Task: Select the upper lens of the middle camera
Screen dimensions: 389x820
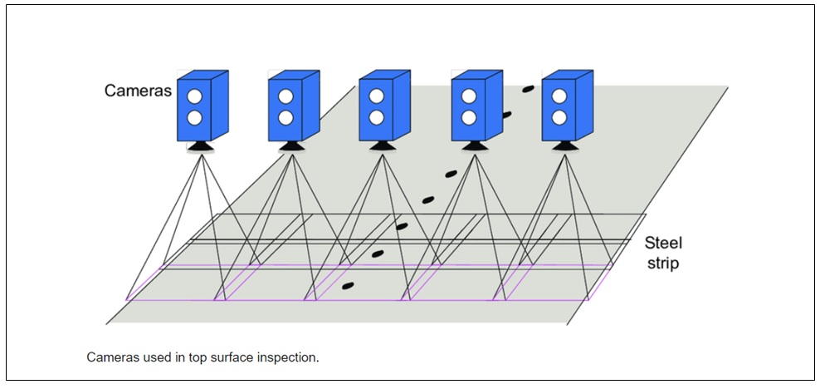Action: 377,96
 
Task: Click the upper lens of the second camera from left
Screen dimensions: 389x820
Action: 286,96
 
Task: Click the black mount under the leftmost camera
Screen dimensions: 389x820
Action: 200,147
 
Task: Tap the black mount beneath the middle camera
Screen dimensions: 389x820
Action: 382,147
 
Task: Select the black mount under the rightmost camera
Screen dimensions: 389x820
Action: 565,147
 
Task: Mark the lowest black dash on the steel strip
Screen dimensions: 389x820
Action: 348,286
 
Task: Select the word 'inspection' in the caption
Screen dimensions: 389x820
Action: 290,357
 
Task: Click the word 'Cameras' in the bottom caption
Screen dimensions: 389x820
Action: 110,357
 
